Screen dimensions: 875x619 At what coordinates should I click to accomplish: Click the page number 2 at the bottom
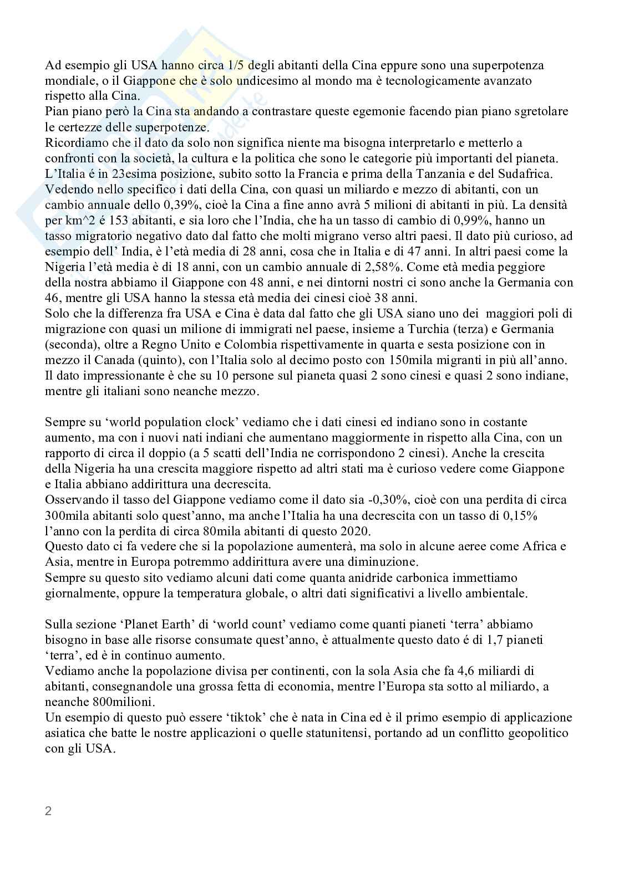(x=48, y=812)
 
